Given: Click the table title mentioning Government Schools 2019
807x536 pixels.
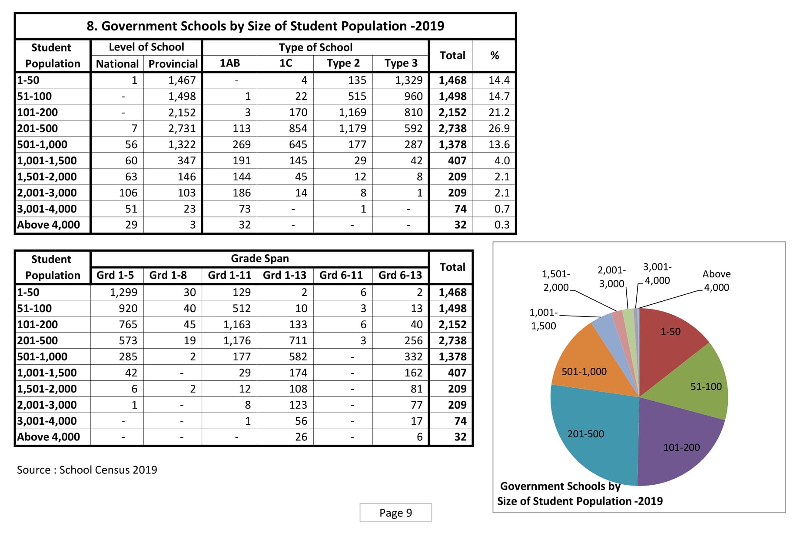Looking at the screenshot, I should point(265,26).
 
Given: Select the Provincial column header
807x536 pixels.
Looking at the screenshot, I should point(173,64).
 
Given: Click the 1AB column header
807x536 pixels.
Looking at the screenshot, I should point(229,63).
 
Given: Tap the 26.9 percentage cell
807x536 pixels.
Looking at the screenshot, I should point(498,129).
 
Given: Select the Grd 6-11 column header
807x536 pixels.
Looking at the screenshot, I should point(341,275).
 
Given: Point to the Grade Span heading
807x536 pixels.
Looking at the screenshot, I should point(259,259).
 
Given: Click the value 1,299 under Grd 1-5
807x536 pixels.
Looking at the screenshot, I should point(123,293).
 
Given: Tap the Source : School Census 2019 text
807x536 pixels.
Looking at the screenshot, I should point(87,470).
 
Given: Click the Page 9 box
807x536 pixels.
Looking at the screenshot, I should point(395,513).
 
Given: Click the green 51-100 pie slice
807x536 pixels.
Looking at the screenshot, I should point(700,383).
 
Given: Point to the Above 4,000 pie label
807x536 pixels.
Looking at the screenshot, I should point(716,281).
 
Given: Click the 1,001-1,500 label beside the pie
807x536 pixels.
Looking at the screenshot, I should point(543,319).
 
